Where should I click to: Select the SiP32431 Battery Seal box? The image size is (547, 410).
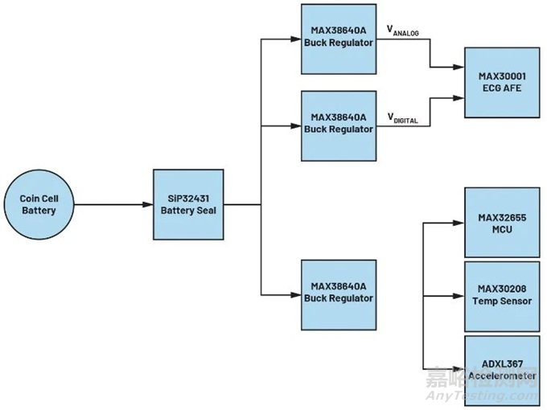187,204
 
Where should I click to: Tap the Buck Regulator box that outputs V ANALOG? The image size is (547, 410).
339,37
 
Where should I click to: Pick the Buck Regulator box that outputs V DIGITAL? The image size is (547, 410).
339,123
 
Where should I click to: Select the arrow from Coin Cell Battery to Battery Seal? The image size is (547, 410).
113,204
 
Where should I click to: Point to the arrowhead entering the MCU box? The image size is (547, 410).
461,223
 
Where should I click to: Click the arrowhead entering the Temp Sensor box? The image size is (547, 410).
461,294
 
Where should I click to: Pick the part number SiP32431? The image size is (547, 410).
187,198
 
